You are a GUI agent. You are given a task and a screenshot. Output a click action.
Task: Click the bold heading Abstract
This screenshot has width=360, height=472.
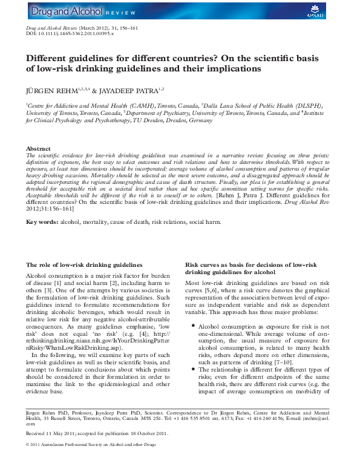pyautogui.click(x=38, y=148)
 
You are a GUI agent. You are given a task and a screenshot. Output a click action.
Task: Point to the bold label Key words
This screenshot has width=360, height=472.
pyautogui.click(x=42, y=222)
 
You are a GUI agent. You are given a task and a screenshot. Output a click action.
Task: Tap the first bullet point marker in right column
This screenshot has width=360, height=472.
pyautogui.click(x=192, y=326)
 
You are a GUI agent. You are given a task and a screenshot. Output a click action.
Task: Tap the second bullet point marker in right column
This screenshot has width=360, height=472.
pyautogui.click(x=192, y=369)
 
